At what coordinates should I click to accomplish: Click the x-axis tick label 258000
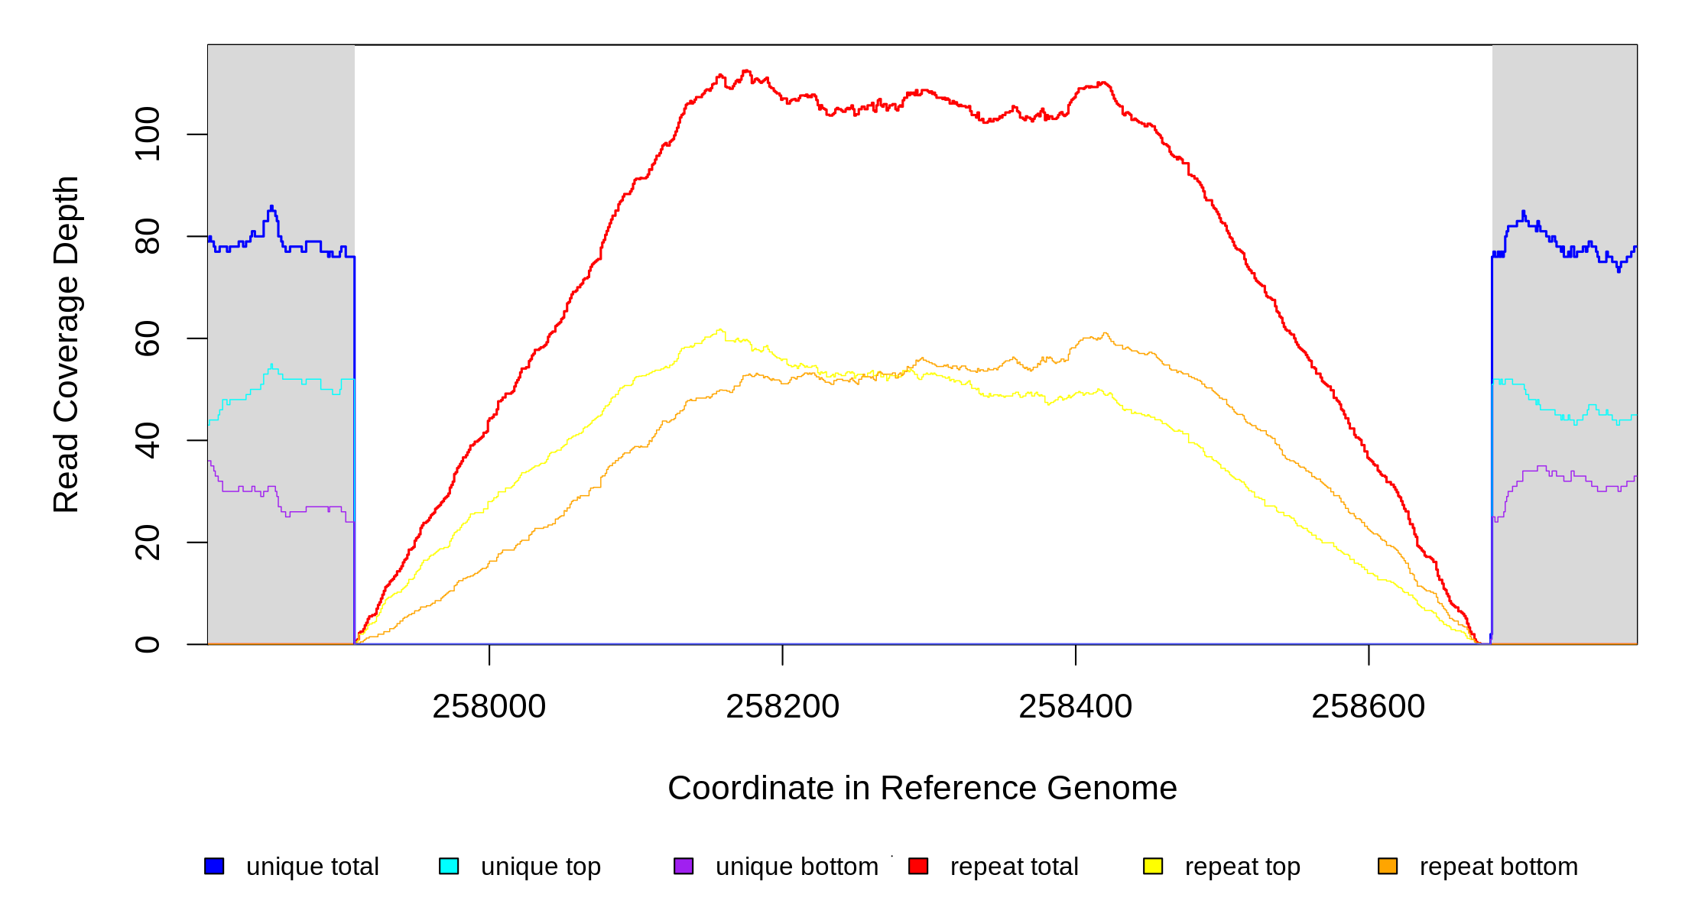(489, 707)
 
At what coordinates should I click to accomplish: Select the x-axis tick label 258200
(782, 707)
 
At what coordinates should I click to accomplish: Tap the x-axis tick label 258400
(1075, 707)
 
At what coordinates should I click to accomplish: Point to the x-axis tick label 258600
(1368, 707)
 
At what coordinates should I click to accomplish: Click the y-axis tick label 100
(148, 134)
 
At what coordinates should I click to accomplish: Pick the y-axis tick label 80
(148, 236)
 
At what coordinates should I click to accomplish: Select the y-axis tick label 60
(148, 339)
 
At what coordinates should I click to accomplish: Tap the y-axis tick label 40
(148, 440)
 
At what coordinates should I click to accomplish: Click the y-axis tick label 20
(148, 543)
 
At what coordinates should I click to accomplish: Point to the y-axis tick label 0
(148, 644)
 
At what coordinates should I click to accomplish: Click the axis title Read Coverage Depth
(67, 344)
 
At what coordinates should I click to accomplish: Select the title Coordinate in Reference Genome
(922, 788)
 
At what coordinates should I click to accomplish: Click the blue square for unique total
(214, 866)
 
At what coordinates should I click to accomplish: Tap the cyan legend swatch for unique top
(449, 866)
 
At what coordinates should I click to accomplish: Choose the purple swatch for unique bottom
(684, 866)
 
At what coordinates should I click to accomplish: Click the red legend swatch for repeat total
(918, 866)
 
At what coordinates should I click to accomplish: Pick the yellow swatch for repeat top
(1153, 866)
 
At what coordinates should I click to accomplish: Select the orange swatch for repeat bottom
(1388, 866)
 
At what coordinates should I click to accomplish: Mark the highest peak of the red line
(745, 71)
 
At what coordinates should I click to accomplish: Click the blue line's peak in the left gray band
(271, 207)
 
